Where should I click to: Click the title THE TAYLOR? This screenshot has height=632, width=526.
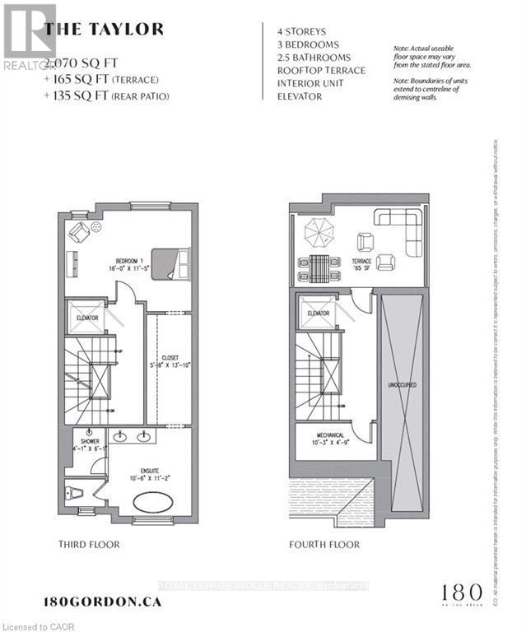(104, 30)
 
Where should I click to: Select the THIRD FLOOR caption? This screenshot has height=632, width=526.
(89, 545)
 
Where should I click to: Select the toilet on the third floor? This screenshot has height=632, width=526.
(69, 493)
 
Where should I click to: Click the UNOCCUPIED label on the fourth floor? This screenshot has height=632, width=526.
(401, 384)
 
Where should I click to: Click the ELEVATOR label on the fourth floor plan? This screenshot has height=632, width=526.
(318, 314)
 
